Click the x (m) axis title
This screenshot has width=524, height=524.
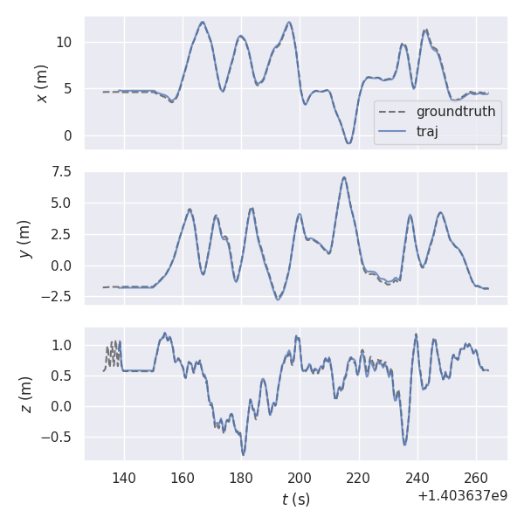(41, 83)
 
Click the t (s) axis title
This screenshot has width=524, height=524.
(295, 500)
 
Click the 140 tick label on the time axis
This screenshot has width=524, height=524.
(124, 478)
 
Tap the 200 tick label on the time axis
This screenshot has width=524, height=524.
(300, 478)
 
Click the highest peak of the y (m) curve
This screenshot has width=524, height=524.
(344, 177)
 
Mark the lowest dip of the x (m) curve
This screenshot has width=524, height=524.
(348, 142)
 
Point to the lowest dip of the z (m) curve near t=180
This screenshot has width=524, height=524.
(244, 454)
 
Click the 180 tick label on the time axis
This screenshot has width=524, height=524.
(241, 478)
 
